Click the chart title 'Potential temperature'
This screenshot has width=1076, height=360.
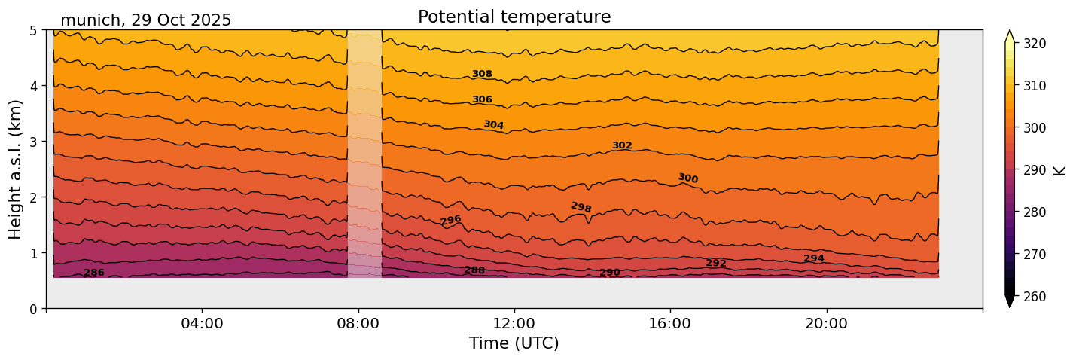tap(514, 17)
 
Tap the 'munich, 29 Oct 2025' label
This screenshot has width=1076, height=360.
tap(145, 20)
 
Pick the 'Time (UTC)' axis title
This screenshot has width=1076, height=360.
tap(514, 343)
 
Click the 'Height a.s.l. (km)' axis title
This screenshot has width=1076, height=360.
tap(16, 169)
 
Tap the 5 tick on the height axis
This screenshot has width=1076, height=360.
tap(35, 31)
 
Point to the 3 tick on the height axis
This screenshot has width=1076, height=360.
tap(35, 142)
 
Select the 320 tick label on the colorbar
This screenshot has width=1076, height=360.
tap(1034, 44)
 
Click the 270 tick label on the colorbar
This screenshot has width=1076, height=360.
tap(1034, 254)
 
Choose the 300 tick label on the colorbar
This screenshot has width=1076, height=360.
tap(1034, 128)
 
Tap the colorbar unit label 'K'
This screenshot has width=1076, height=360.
tap(1060, 169)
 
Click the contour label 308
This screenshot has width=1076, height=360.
tap(482, 74)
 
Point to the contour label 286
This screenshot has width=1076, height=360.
tap(94, 273)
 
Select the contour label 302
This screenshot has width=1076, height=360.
tap(622, 145)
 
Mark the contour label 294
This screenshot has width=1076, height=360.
tap(814, 258)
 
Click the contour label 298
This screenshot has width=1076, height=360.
tap(581, 207)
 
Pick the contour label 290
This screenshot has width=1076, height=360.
tap(610, 273)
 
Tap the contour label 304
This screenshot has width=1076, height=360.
tap(494, 124)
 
